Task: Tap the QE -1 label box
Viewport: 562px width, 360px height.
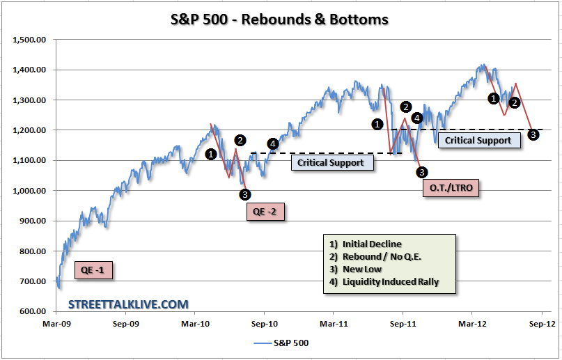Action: pyautogui.click(x=93, y=271)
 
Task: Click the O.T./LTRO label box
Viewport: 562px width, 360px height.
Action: pyautogui.click(x=451, y=187)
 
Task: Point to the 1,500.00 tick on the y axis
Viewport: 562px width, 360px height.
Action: pyautogui.click(x=29, y=40)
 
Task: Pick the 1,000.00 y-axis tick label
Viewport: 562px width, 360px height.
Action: pyautogui.click(x=29, y=191)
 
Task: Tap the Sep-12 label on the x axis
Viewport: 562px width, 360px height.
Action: pyautogui.click(x=541, y=323)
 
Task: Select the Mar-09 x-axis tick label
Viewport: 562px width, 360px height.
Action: pyautogui.click(x=56, y=323)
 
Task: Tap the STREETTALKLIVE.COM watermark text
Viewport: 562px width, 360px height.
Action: pyautogui.click(x=128, y=304)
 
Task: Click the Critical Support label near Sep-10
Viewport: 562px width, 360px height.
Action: pyautogui.click(x=331, y=163)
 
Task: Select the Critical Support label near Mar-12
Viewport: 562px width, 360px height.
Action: pyautogui.click(x=478, y=140)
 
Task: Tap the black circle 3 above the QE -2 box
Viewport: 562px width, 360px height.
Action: pyautogui.click(x=244, y=194)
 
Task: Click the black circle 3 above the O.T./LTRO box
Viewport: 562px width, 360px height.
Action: pyautogui.click(x=422, y=172)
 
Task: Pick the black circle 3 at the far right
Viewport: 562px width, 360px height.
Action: pyautogui.click(x=533, y=134)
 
